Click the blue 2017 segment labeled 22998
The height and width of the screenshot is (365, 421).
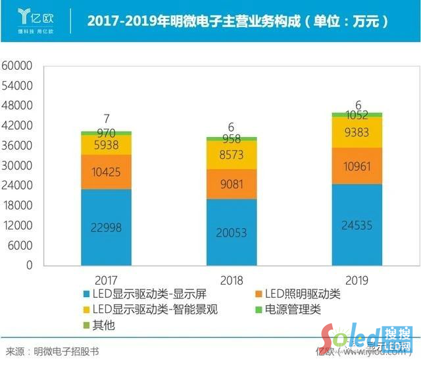click(106, 227)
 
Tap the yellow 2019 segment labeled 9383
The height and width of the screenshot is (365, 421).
click(357, 132)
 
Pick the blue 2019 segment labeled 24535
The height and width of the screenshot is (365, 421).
click(357, 224)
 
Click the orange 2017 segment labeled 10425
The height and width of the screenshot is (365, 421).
click(106, 172)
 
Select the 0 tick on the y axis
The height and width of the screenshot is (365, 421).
click(29, 265)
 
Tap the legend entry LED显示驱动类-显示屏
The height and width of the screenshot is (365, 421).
click(134, 293)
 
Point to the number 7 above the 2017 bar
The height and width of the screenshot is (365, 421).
click(106, 119)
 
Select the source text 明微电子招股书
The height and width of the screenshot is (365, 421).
click(66, 352)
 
